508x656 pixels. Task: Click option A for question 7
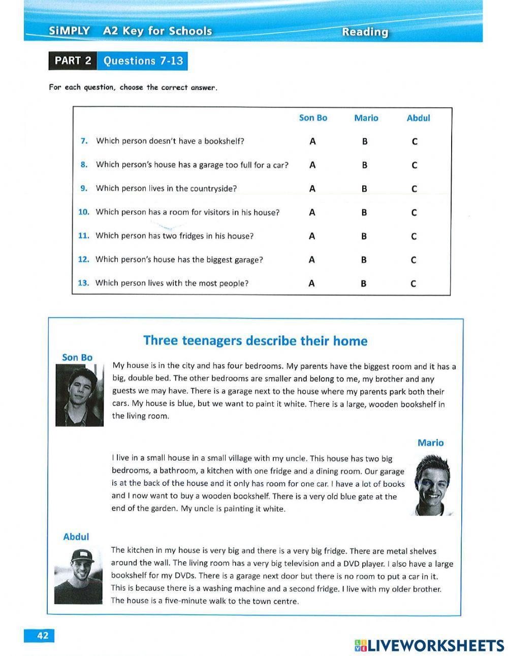312,141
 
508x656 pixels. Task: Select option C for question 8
414,165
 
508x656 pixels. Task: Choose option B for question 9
364,189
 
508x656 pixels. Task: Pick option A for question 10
312,212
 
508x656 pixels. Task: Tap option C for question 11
414,236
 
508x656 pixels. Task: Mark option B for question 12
364,260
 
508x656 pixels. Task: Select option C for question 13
413,284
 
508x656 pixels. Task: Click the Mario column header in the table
366,118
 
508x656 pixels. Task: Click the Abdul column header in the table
418,118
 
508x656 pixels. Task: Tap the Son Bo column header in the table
313,118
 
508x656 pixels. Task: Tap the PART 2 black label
73,61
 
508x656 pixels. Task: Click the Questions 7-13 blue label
143,61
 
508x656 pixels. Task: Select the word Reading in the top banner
365,32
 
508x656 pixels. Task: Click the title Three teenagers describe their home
255,340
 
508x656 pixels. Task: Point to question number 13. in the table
83,283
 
